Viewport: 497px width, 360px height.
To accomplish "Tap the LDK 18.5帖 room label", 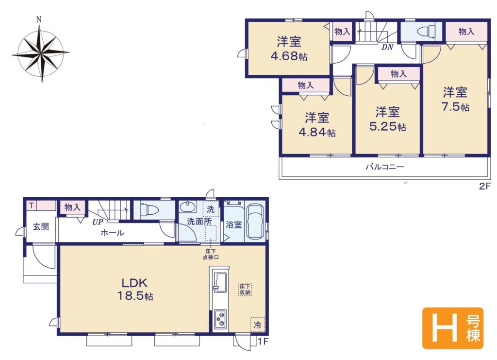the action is tap(135, 289).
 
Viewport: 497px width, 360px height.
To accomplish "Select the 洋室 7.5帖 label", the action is tap(455, 99).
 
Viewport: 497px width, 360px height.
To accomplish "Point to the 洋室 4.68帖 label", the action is tap(289, 49).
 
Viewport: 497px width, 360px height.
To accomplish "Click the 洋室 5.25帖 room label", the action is tap(388, 119).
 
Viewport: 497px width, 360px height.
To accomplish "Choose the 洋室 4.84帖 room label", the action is tap(317, 125).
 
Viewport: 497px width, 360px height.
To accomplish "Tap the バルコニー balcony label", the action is tap(385, 167).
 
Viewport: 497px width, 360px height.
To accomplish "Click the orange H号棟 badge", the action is tap(453, 328).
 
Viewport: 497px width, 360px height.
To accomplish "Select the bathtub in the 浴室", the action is tap(255, 221).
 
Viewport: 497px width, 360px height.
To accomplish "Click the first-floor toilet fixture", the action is tap(149, 209).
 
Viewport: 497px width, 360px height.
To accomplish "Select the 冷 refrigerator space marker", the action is tap(258, 324).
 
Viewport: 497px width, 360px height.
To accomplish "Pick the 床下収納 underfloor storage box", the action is tap(245, 289).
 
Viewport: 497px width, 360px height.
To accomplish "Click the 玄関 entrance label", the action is tap(41, 227).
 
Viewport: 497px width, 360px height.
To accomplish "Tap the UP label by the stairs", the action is tap(98, 222).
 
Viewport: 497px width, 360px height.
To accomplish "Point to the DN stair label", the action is tap(387, 47).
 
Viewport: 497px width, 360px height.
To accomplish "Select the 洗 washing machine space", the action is tap(211, 209).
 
